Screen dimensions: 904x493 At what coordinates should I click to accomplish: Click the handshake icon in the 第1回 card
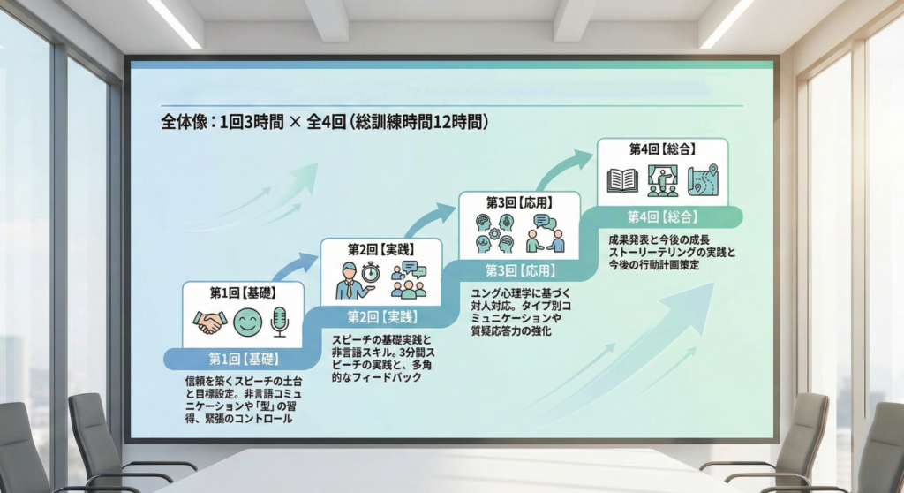click(x=209, y=322)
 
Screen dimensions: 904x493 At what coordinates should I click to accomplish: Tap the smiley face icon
click(x=247, y=322)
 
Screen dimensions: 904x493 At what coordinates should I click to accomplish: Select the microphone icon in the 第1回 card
click(x=280, y=322)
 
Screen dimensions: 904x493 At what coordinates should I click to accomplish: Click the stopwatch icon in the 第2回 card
click(x=371, y=272)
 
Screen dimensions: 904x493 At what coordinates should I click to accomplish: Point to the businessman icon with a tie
click(x=351, y=280)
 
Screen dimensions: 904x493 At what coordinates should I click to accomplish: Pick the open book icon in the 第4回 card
click(x=622, y=181)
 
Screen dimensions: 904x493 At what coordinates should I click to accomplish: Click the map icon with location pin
click(x=704, y=179)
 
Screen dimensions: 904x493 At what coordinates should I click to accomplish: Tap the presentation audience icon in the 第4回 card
click(x=663, y=181)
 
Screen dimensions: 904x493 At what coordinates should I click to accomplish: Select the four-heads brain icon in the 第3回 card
click(x=494, y=233)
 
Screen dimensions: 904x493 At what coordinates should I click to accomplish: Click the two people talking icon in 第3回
click(x=546, y=233)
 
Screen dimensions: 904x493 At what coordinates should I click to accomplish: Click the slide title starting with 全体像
click(x=325, y=122)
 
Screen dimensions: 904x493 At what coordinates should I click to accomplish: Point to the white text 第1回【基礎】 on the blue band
click(x=244, y=359)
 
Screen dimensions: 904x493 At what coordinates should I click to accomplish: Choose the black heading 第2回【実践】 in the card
click(x=381, y=249)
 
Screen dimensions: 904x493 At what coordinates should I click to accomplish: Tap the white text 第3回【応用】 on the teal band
click(x=521, y=270)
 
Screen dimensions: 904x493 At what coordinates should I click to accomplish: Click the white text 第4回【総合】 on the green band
click(x=663, y=217)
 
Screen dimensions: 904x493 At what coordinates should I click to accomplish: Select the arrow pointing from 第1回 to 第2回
click(x=295, y=266)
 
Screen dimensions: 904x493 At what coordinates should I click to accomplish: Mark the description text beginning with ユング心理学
click(x=521, y=312)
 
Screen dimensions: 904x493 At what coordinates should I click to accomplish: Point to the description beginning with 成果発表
click(x=672, y=253)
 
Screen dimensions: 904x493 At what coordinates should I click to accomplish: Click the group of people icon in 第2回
click(x=409, y=280)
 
